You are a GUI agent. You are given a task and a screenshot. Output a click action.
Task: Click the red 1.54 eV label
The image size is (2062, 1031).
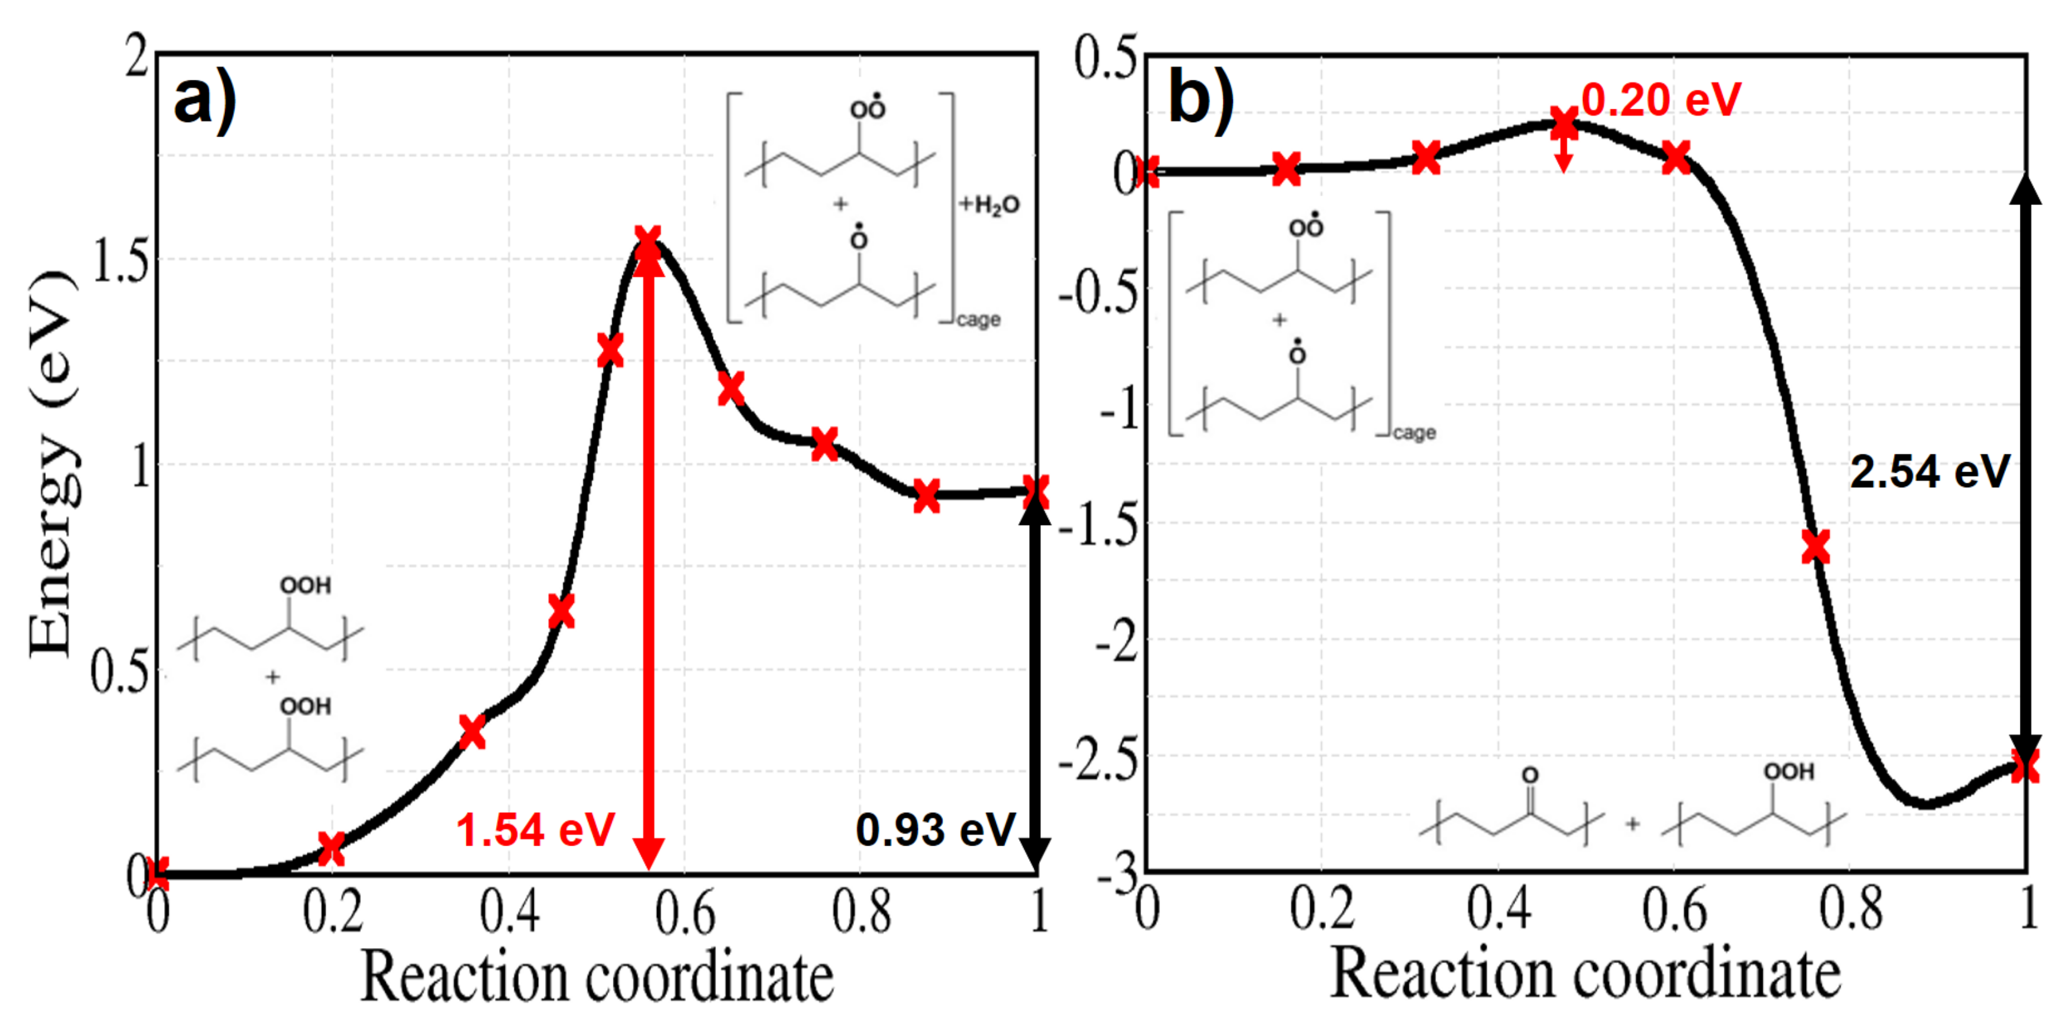tap(535, 829)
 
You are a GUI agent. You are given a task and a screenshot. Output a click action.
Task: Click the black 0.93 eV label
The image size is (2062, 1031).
tap(935, 829)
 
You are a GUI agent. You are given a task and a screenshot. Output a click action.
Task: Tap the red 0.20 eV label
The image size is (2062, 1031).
tap(1661, 101)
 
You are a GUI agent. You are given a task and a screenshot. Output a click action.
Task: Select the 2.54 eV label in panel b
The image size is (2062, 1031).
tap(1929, 471)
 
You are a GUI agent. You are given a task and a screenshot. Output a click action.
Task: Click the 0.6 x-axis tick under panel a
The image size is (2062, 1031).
tap(685, 913)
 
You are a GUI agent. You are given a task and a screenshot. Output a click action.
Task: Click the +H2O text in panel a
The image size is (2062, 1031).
tap(990, 205)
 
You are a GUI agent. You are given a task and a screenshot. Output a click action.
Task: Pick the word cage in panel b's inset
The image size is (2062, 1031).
tap(1414, 433)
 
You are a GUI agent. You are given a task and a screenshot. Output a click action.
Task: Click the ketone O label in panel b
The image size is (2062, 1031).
tap(1530, 775)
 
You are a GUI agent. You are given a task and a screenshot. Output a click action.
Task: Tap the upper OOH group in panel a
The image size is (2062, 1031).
tap(305, 585)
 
